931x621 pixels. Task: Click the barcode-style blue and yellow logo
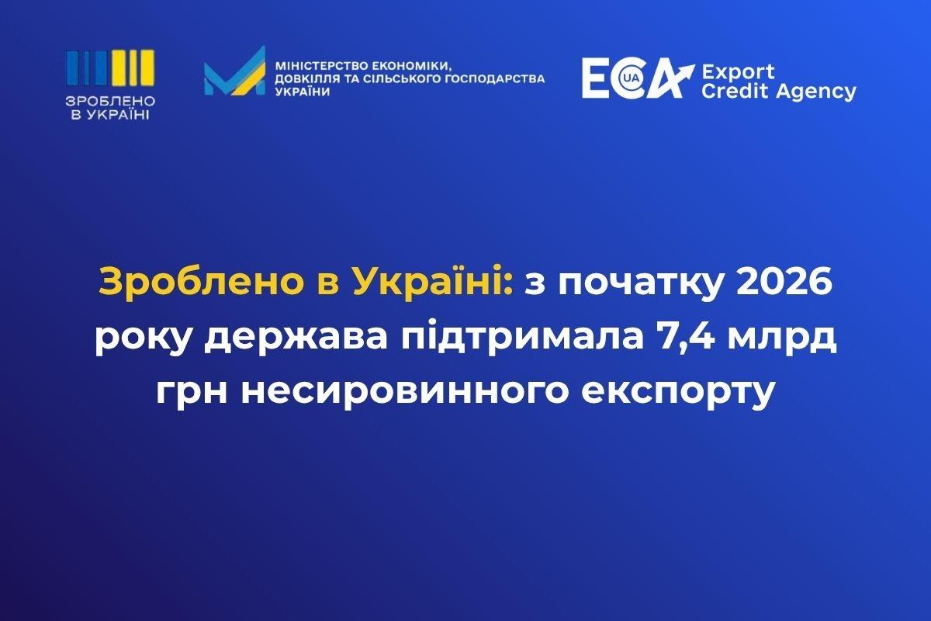click(x=110, y=68)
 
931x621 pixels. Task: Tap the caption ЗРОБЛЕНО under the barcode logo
click(x=110, y=101)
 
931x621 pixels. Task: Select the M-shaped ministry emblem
click(x=234, y=71)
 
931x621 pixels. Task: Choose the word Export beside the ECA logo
click(x=738, y=72)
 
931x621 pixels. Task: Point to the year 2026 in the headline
click(x=784, y=282)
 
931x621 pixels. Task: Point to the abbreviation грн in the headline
click(x=192, y=395)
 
